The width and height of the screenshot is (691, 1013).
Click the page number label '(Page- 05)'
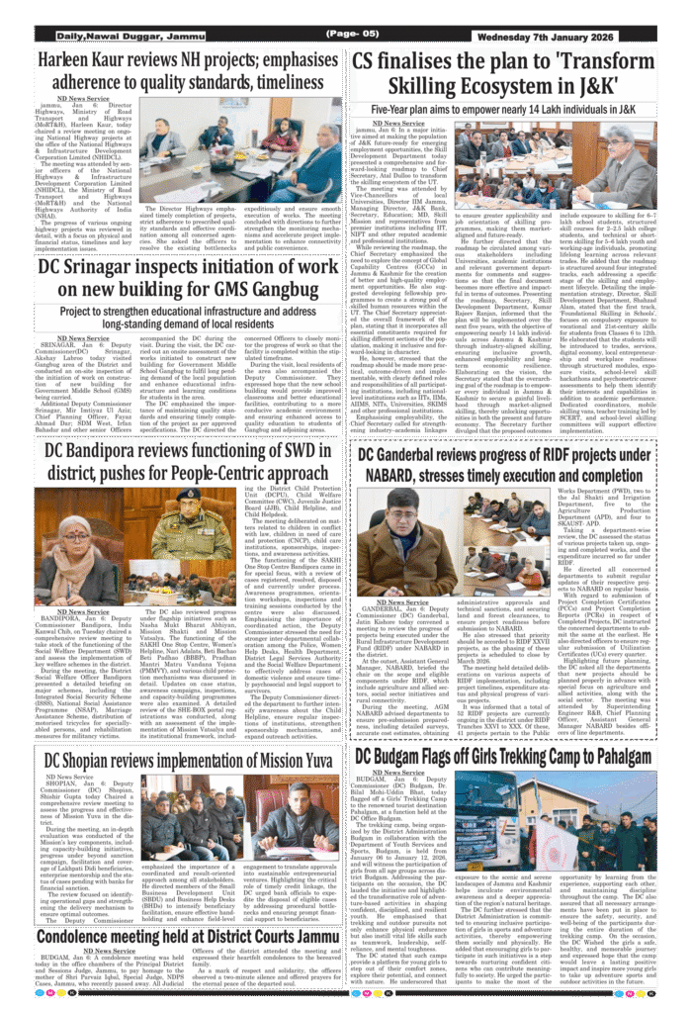[352, 35]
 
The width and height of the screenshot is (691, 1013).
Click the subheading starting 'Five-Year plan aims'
[504, 109]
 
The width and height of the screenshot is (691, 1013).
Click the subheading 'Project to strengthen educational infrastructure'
[188, 311]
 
